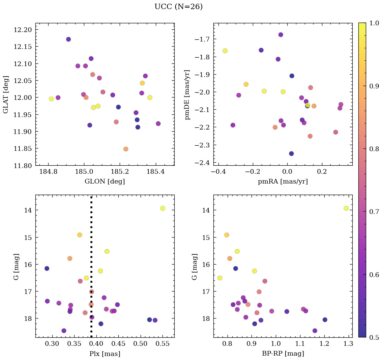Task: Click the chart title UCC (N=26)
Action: (178, 7)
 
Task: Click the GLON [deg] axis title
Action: (105, 182)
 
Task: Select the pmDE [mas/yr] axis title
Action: (188, 94)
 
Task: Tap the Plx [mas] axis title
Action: (105, 354)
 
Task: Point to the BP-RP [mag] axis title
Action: (283, 354)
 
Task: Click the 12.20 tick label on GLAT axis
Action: (23, 30)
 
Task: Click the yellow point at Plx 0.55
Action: (163, 208)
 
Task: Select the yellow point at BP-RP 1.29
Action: (346, 208)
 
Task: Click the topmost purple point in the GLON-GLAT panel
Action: (68, 39)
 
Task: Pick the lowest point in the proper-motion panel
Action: (291, 154)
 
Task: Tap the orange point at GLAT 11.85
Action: (126, 149)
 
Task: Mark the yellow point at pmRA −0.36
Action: (225, 51)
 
